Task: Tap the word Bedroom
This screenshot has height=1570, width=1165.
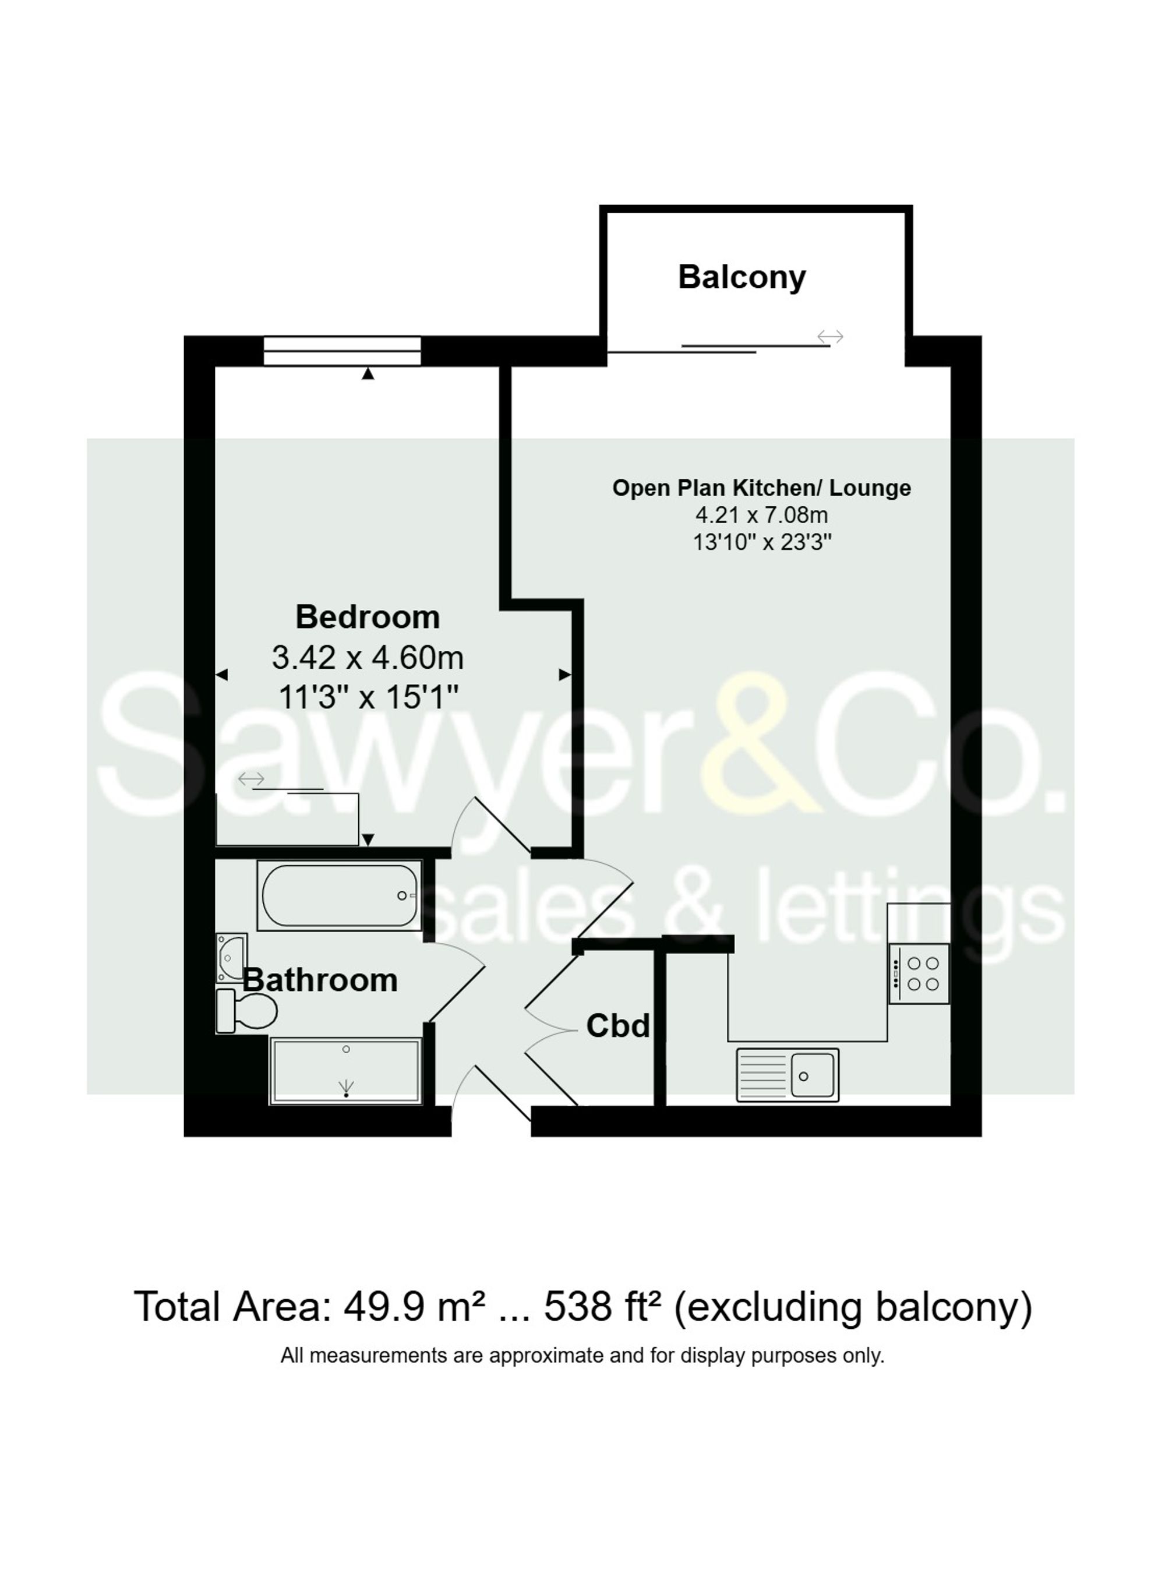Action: pos(368,617)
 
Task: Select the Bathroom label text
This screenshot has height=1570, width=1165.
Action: pos(320,980)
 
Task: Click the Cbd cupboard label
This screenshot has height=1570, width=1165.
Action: pos(618,1026)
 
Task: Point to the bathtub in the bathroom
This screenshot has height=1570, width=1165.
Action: pos(339,895)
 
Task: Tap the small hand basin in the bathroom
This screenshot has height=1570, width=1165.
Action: pos(231,957)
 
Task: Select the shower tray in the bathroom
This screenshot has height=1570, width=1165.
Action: pos(345,1070)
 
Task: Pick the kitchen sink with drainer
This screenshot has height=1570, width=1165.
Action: pos(787,1075)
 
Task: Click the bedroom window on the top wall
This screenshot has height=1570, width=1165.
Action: pos(342,351)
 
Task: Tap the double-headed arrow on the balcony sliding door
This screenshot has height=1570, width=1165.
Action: pos(830,337)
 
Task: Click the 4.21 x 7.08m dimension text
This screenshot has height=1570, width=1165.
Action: pos(761,515)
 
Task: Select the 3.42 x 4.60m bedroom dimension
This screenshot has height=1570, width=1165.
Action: pos(368,658)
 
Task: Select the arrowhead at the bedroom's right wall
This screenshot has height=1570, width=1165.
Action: pos(565,675)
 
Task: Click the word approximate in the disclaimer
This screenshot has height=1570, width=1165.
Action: pos(546,1356)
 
